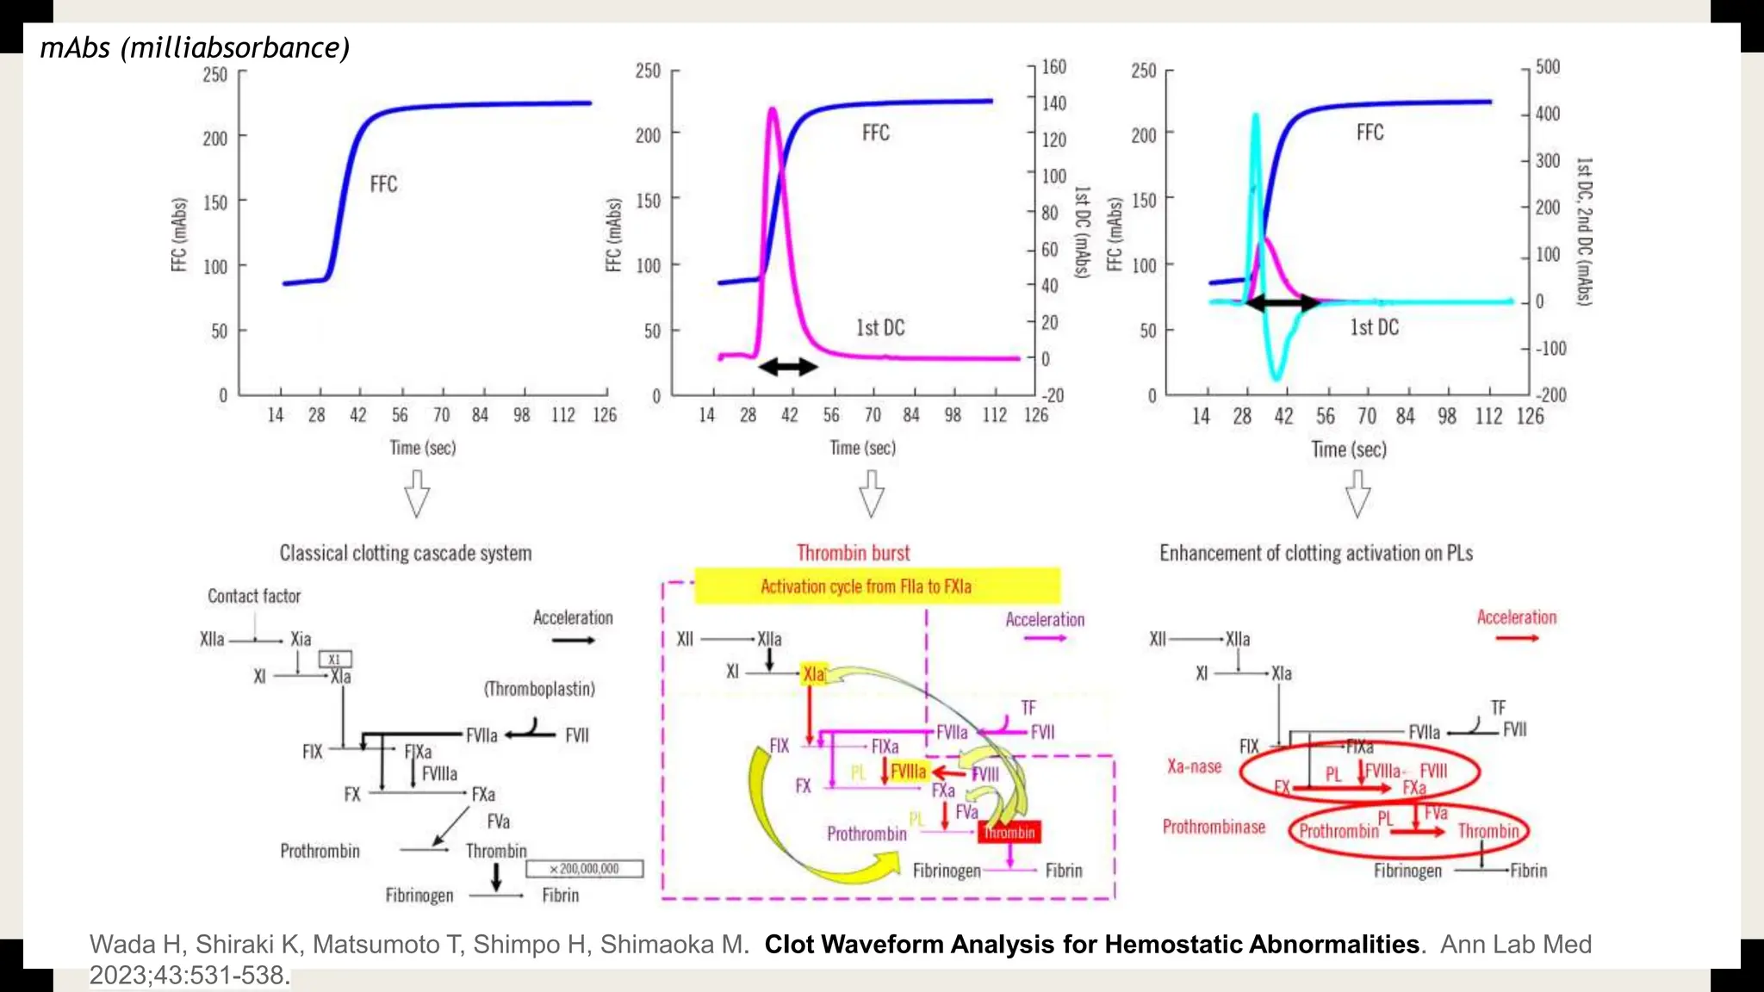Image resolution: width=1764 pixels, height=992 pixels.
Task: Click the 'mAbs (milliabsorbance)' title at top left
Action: pyautogui.click(x=195, y=47)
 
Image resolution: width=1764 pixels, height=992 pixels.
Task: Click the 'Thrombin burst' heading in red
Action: pyautogui.click(x=853, y=553)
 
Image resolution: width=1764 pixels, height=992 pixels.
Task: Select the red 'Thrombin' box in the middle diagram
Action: pyautogui.click(x=1009, y=832)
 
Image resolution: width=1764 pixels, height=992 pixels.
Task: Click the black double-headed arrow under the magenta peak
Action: pyautogui.click(x=787, y=368)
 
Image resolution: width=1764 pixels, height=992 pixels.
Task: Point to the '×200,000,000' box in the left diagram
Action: pyautogui.click(x=585, y=869)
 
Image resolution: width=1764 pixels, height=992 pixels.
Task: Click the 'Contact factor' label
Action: pyautogui.click(x=254, y=596)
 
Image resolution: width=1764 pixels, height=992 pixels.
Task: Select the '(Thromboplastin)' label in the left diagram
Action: pyautogui.click(x=539, y=689)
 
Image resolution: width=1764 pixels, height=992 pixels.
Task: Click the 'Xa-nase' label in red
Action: pyautogui.click(x=1194, y=766)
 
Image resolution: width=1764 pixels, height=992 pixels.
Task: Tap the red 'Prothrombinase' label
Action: pyautogui.click(x=1214, y=827)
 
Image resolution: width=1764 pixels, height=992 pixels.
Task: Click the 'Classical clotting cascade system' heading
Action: pyautogui.click(x=405, y=553)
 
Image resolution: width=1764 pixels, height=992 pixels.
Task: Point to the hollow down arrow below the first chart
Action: pyautogui.click(x=417, y=493)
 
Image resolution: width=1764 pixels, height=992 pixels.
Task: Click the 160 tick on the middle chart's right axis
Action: pyautogui.click(x=1053, y=67)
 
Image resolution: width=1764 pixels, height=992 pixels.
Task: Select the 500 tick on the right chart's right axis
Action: pyautogui.click(x=1547, y=67)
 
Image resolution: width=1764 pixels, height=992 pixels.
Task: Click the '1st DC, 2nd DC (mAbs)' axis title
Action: pyautogui.click(x=1584, y=231)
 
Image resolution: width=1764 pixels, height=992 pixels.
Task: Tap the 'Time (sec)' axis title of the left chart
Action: pyautogui.click(x=422, y=448)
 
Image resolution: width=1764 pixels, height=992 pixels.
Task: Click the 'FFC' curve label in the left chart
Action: pyautogui.click(x=383, y=184)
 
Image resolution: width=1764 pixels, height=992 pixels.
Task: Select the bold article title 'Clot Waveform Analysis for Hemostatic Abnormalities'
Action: pyautogui.click(x=1091, y=944)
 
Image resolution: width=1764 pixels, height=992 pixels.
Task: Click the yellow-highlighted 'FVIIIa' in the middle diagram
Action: pyautogui.click(x=908, y=772)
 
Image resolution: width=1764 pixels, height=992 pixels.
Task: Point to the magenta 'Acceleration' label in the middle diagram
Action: pyautogui.click(x=1045, y=620)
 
